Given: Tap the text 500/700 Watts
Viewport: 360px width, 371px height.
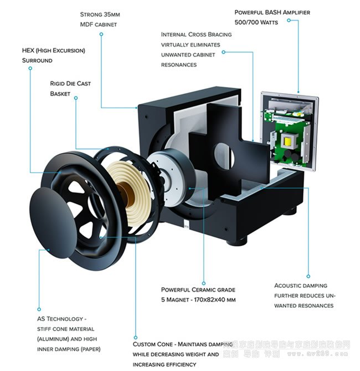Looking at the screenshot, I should (x=256, y=23).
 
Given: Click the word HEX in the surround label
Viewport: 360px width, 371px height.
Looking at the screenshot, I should (x=29, y=50).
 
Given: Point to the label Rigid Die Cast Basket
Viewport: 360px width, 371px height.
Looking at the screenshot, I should (x=70, y=89).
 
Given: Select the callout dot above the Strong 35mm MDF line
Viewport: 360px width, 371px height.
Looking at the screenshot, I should (x=101, y=34).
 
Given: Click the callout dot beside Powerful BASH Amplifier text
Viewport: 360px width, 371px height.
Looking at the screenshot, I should (x=290, y=22).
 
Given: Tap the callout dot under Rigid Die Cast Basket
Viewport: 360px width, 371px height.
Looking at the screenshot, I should (x=76, y=98).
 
